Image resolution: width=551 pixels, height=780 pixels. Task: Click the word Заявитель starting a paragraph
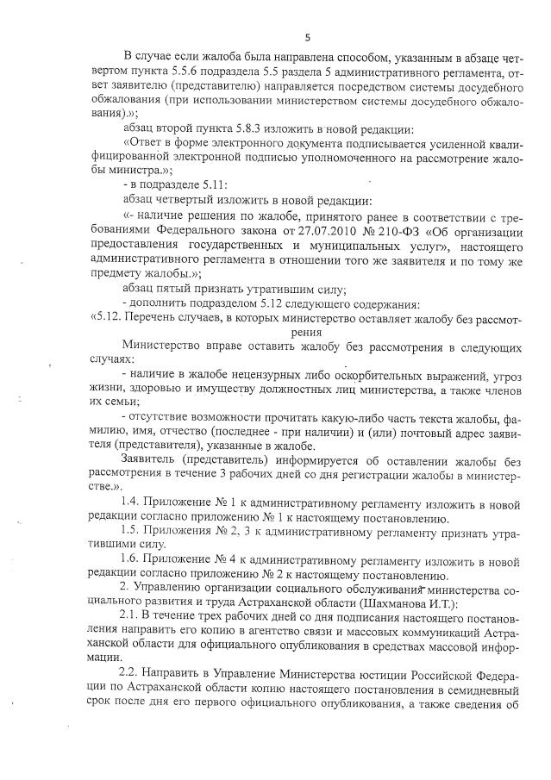153,458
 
